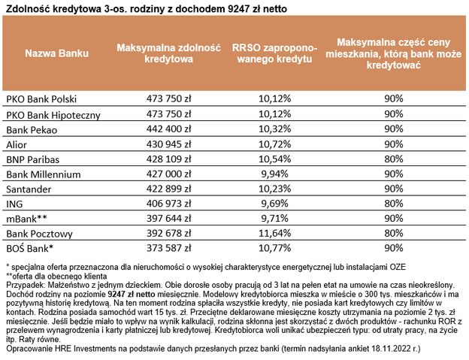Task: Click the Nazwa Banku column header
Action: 57,54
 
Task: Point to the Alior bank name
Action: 17,144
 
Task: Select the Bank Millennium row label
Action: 42,174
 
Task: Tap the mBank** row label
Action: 28,219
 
